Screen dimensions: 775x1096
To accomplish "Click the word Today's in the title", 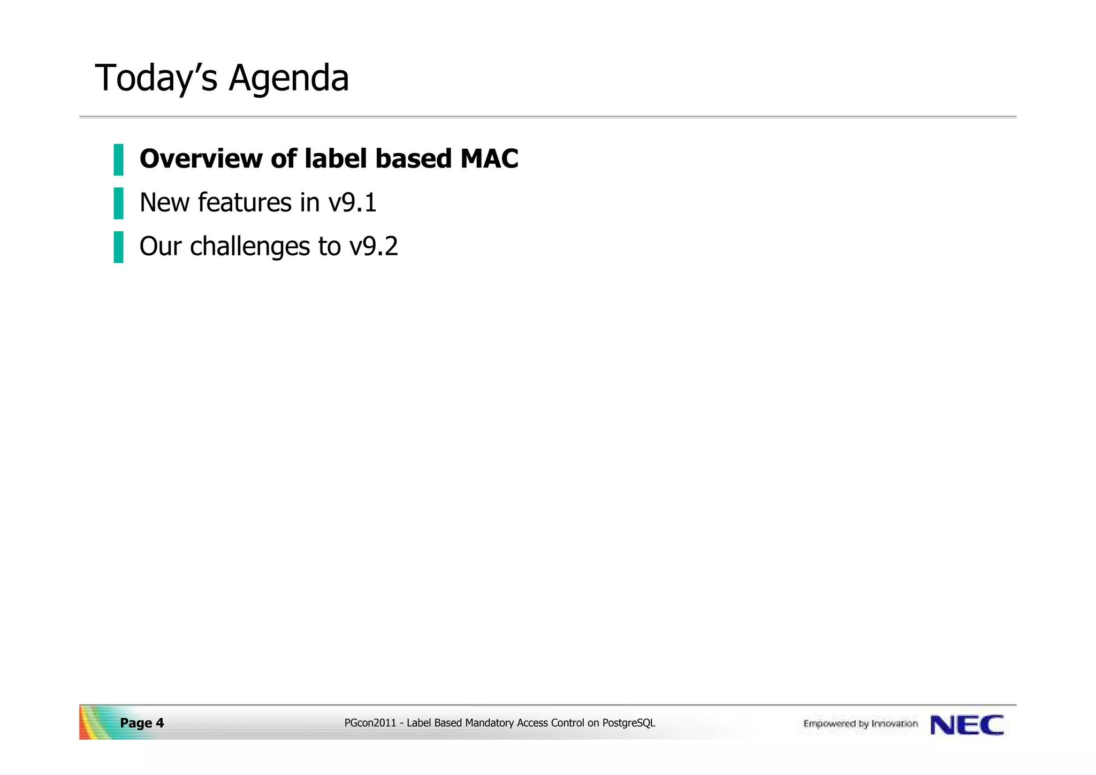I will [156, 78].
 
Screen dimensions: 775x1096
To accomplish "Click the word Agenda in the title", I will [288, 78].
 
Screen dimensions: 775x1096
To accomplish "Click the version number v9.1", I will [353, 203].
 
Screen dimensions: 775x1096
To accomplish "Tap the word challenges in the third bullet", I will [250, 247].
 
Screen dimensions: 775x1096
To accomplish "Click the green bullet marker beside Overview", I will [118, 159].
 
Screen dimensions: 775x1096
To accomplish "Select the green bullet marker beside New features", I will [118, 203].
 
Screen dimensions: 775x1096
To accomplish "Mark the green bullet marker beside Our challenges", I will [118, 247].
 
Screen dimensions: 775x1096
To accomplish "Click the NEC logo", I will [966, 725].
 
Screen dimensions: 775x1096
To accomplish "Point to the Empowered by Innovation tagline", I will [860, 724].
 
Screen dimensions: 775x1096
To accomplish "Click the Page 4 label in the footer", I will [142, 724].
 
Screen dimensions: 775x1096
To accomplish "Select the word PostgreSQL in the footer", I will [628, 724].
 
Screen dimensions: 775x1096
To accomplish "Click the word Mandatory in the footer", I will [490, 724].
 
